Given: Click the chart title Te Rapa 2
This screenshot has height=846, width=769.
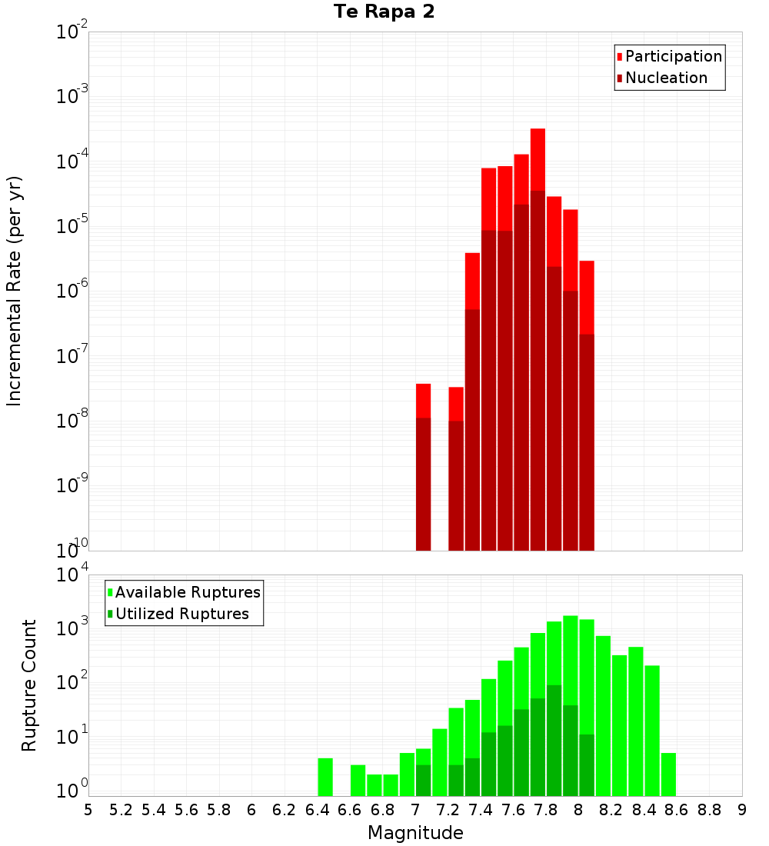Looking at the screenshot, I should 384,12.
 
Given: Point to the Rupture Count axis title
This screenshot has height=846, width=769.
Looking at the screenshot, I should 29,685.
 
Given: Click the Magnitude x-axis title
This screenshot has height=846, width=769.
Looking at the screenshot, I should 415,832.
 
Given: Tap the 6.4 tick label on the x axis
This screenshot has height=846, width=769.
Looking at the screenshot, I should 317,809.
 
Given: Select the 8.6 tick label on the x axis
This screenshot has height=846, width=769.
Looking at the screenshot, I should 677,809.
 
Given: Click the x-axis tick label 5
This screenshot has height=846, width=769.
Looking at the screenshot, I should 88,809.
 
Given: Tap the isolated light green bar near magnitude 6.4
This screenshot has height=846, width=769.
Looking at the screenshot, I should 325,777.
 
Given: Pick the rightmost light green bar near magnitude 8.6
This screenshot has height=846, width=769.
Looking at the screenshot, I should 668,774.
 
